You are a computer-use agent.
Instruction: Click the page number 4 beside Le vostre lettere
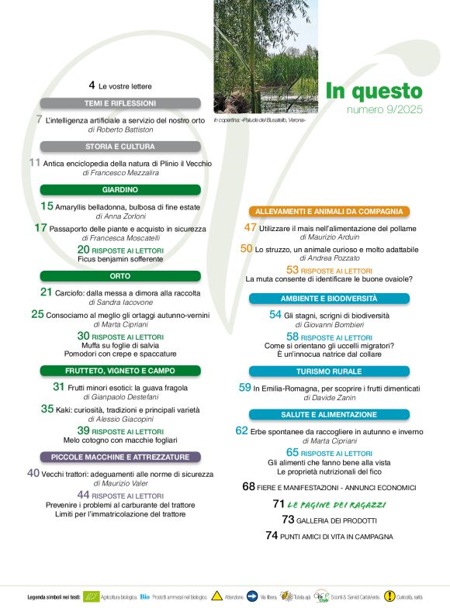pyautogui.click(x=92, y=85)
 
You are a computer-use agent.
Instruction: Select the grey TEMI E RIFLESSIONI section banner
pyautogui.click(x=119, y=103)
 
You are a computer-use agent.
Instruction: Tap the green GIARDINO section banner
pyautogui.click(x=119, y=190)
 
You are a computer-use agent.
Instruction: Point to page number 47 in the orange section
pyautogui.click(x=250, y=228)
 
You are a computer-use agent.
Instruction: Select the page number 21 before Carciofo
pyautogui.click(x=46, y=292)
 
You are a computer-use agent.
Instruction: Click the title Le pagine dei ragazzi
pyautogui.click(x=329, y=505)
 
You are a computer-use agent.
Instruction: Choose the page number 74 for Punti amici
pyautogui.click(x=272, y=536)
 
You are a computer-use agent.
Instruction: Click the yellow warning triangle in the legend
pyautogui.click(x=217, y=596)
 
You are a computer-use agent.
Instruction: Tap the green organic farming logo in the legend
pyautogui.click(x=92, y=596)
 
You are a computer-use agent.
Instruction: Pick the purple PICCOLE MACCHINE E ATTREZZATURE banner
pyautogui.click(x=119, y=458)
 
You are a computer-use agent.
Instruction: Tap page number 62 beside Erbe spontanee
pyautogui.click(x=241, y=430)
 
